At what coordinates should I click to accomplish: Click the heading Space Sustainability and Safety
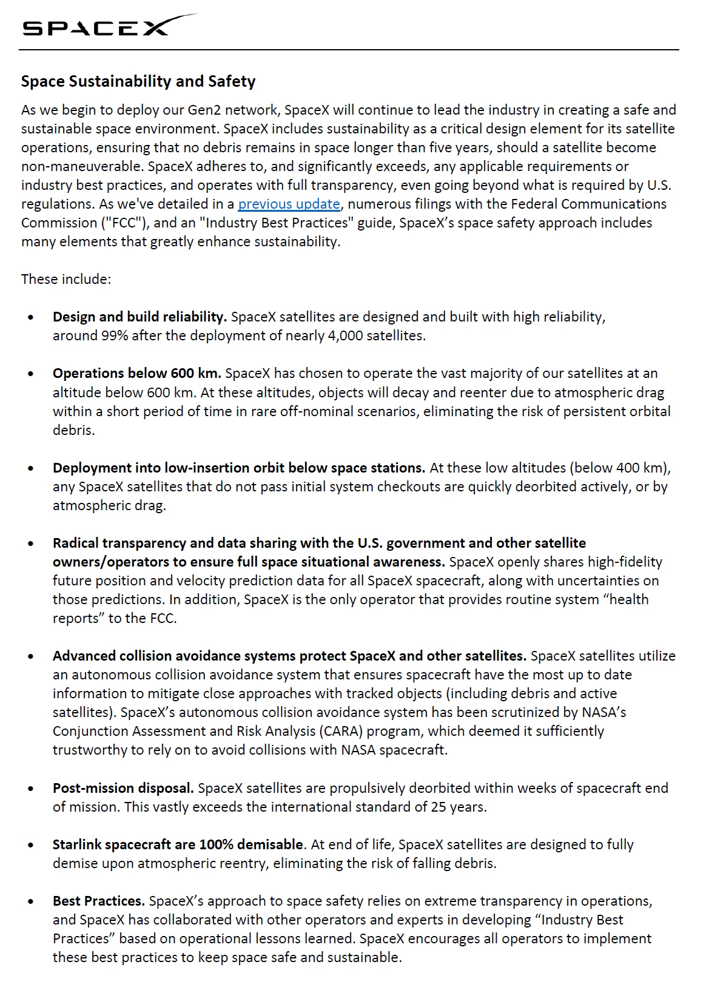(138, 81)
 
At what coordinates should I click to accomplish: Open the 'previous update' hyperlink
(289, 204)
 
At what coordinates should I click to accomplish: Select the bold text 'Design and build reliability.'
(140, 317)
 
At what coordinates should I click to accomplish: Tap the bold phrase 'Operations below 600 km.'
(136, 373)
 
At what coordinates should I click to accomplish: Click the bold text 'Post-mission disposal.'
(123, 788)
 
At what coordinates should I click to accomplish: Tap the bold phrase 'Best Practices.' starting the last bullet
(98, 901)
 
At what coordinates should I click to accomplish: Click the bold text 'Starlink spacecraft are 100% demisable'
(178, 844)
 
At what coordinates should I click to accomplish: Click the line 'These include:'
(66, 279)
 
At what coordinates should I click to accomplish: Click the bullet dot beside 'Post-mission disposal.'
(31, 789)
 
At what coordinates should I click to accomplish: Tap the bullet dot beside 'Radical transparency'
(31, 544)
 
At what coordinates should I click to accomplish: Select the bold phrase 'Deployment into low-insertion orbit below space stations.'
(238, 468)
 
